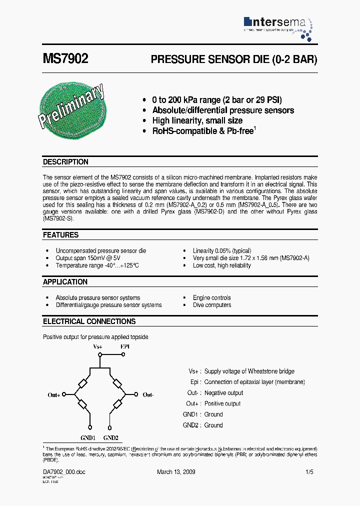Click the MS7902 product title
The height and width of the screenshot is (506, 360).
click(x=65, y=59)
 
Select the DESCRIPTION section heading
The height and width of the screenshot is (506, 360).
click(x=65, y=162)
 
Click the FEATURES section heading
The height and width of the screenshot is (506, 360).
click(x=60, y=235)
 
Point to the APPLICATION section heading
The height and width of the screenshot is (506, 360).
click(x=65, y=282)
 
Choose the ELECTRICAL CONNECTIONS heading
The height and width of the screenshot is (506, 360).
click(x=89, y=321)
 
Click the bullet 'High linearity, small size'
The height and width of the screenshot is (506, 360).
click(x=197, y=120)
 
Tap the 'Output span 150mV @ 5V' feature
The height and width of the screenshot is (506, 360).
click(x=88, y=258)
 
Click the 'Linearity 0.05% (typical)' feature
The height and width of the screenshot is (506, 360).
click(x=222, y=250)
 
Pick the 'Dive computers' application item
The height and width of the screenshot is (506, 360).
click(x=212, y=305)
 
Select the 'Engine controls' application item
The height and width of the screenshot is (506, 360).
click(x=212, y=297)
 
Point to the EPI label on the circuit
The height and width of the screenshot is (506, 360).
click(x=124, y=346)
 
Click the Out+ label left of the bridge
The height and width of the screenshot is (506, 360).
click(x=54, y=395)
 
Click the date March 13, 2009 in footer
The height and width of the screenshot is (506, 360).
click(x=176, y=472)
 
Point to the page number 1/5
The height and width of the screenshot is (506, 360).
click(x=309, y=472)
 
